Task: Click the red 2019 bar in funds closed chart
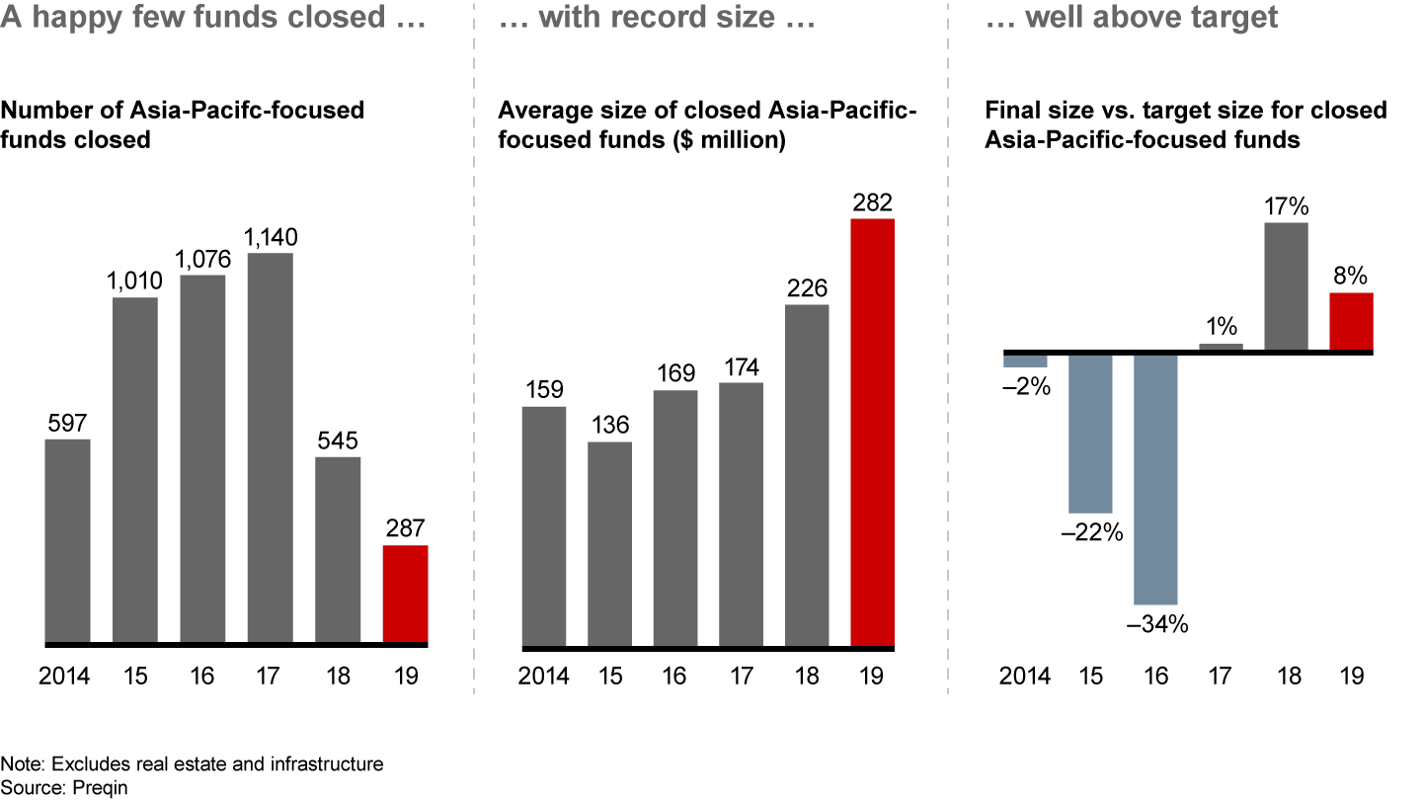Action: pos(405,594)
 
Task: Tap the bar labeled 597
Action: pos(68,541)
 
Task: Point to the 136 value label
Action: pos(609,426)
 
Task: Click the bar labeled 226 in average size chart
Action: pos(807,475)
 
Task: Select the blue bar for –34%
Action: pos(1155,478)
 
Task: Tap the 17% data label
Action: pos(1286,207)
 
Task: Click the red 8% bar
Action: pos(1351,321)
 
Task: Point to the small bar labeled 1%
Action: pos(1221,346)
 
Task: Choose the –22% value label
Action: pos(1090,533)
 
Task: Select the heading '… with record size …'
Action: pos(658,18)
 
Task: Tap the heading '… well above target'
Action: pos(1132,18)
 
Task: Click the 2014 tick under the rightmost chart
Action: pos(1025,677)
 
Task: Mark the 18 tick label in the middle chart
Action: pos(807,677)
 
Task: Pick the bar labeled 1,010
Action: pos(135,469)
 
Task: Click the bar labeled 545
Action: pos(339,549)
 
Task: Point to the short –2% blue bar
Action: pos(1025,360)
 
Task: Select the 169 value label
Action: pos(675,374)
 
